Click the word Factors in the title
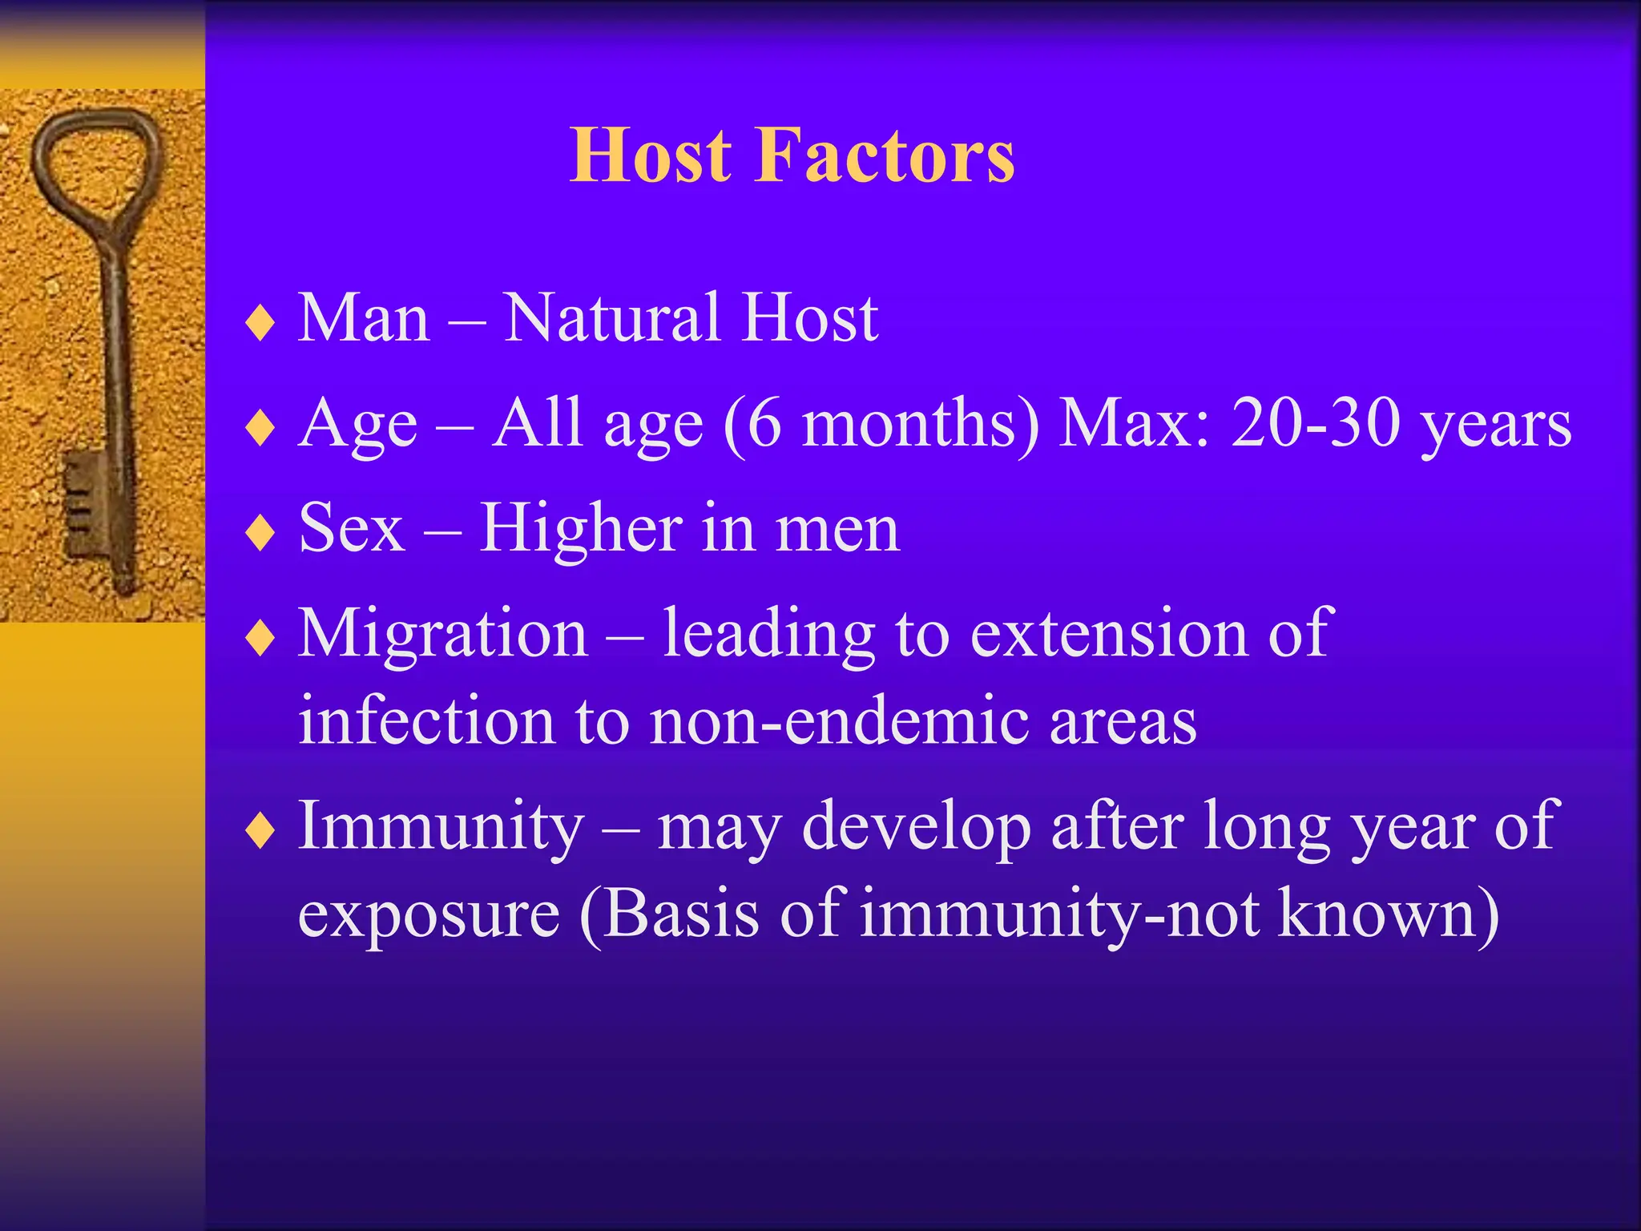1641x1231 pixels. [885, 155]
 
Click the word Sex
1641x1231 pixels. [351, 528]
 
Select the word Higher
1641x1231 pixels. [581, 530]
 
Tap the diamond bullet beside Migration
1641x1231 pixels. [260, 639]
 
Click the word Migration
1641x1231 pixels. [443, 633]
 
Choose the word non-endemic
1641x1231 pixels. [839, 720]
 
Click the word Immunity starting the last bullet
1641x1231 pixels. [441, 827]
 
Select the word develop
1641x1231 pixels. [916, 827]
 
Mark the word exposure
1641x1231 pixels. [429, 914]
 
